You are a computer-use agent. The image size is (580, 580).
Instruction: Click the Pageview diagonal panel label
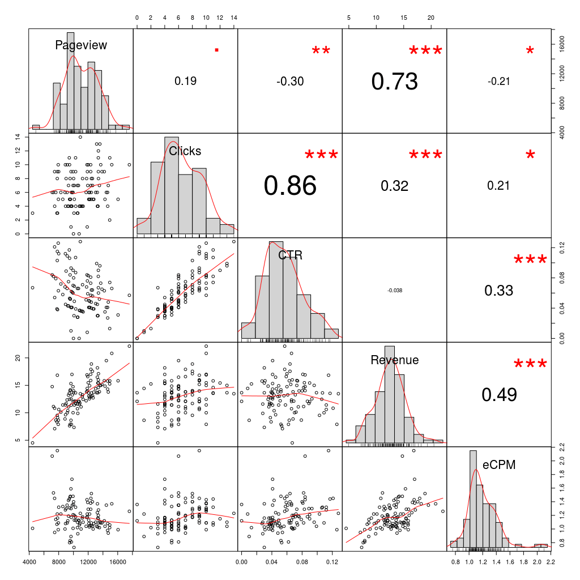click(x=81, y=45)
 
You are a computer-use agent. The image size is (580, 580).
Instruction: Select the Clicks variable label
click(x=185, y=151)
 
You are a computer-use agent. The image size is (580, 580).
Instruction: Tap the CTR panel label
click(x=290, y=255)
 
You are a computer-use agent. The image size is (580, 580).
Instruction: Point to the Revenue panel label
click(x=395, y=360)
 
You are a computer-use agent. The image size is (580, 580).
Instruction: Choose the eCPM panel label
click(x=499, y=465)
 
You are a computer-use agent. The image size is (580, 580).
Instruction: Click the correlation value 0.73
click(x=395, y=82)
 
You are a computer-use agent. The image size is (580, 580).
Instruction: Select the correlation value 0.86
click(x=290, y=186)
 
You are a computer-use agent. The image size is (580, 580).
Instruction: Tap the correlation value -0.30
click(x=290, y=82)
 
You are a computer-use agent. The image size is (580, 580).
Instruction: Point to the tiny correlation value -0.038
click(x=395, y=291)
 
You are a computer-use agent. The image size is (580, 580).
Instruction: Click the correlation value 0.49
click(x=499, y=395)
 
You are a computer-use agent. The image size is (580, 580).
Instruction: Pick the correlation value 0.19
click(x=185, y=82)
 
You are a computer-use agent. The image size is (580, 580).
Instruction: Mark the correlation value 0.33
click(x=499, y=291)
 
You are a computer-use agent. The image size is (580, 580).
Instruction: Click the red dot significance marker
click(x=216, y=50)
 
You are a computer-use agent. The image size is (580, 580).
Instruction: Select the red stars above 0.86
click(x=321, y=155)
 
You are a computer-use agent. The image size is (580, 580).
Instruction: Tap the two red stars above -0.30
click(x=321, y=51)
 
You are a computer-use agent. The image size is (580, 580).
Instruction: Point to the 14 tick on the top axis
click(x=234, y=18)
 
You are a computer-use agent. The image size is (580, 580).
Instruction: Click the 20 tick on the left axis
click(x=18, y=358)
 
